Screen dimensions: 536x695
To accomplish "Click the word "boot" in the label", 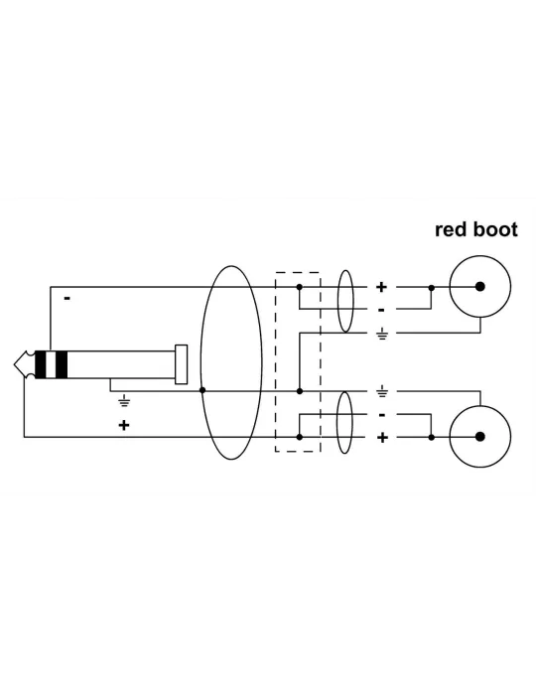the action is pyautogui.click(x=495, y=229).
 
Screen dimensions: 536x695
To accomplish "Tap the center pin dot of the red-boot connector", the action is pyautogui.click(x=479, y=286).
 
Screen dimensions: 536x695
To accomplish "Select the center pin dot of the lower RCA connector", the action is pyautogui.click(x=479, y=437).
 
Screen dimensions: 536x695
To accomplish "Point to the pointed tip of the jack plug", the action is pyautogui.click(x=15, y=364).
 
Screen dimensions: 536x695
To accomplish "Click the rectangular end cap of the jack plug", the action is pyautogui.click(x=182, y=364).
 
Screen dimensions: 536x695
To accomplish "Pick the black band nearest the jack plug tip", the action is pyautogui.click(x=41, y=364).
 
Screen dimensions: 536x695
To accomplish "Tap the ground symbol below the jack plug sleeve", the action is pyautogui.click(x=124, y=401).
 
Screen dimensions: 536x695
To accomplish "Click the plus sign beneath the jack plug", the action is pyautogui.click(x=124, y=425).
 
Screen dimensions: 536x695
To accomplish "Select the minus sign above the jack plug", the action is pyautogui.click(x=67, y=298).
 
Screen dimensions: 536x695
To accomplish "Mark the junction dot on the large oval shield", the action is pyautogui.click(x=202, y=390).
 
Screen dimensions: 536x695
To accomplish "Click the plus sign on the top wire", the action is pyautogui.click(x=381, y=287).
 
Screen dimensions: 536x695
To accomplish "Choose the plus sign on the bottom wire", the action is pyautogui.click(x=382, y=438).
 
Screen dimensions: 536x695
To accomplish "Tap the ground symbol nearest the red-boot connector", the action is pyautogui.click(x=382, y=335).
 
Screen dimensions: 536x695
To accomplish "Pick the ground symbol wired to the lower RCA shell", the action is pyautogui.click(x=382, y=392).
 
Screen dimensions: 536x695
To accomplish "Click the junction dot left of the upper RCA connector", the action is pyautogui.click(x=432, y=288).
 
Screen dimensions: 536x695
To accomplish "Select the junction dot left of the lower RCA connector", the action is pyautogui.click(x=432, y=438).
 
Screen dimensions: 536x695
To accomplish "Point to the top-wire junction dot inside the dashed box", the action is pyautogui.click(x=300, y=287).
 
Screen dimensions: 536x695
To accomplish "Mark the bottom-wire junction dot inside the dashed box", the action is pyautogui.click(x=300, y=437).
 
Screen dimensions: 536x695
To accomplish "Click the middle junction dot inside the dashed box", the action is pyautogui.click(x=300, y=391).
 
